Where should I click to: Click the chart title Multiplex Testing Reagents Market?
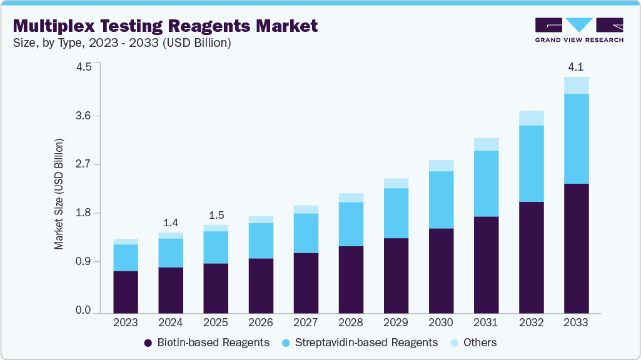click(165, 26)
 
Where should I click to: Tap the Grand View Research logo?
click(579, 30)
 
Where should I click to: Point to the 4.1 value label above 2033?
click(576, 67)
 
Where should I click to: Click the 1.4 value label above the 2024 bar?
click(171, 222)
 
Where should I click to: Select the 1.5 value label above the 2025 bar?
click(216, 215)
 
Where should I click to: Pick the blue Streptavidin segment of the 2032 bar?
click(531, 163)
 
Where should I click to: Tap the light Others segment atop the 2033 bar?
click(576, 85)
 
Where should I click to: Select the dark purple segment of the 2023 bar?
click(126, 291)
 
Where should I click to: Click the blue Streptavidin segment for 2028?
click(351, 224)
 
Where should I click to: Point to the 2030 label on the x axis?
click(441, 322)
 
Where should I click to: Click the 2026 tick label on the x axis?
click(261, 322)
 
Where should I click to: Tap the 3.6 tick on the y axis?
click(83, 116)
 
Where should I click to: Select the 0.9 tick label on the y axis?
click(83, 261)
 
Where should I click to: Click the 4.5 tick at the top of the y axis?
click(83, 67)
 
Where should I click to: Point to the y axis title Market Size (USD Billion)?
click(59, 194)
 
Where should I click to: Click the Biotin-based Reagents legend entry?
click(206, 342)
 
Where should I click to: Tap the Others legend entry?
click(472, 342)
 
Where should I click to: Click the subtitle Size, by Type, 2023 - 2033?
click(122, 43)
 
